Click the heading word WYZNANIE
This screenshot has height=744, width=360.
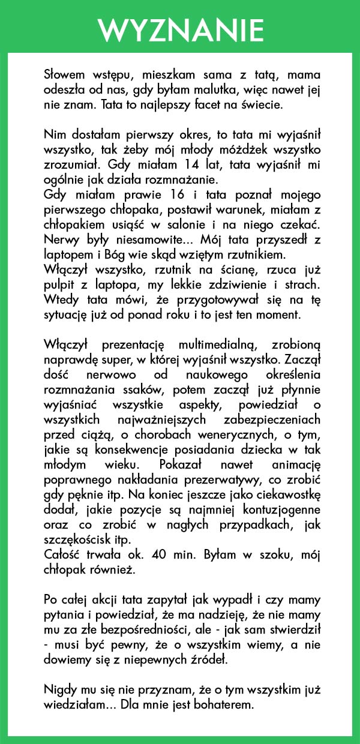(x=180, y=29)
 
